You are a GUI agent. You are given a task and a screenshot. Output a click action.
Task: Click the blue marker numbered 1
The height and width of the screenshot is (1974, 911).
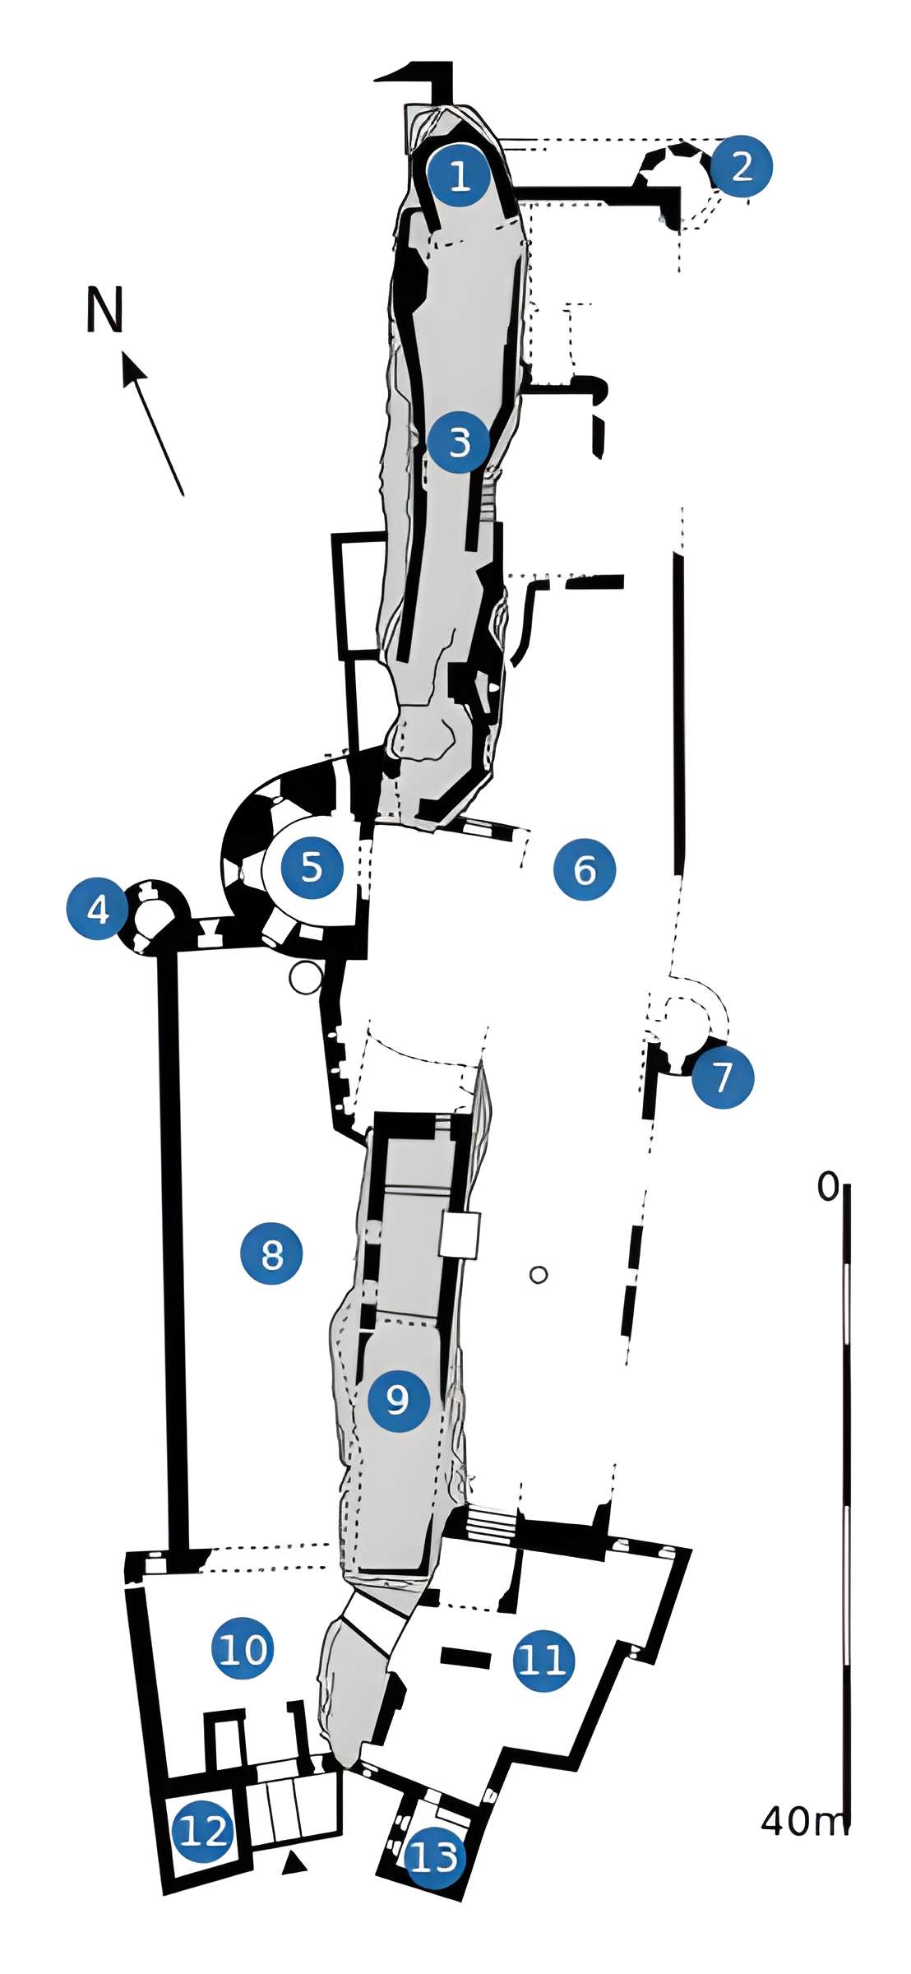click(459, 175)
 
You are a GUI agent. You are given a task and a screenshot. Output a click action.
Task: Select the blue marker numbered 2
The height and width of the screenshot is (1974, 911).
click(742, 166)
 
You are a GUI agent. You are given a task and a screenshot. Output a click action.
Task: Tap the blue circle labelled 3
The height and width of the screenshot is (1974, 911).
click(459, 443)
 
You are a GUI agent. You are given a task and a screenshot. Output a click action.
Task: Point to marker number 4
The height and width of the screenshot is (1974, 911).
click(98, 910)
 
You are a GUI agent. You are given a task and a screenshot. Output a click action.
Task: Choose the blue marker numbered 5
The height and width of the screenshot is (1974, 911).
click(312, 866)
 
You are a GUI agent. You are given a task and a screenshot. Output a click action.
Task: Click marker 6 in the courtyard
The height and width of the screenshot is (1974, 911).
click(585, 869)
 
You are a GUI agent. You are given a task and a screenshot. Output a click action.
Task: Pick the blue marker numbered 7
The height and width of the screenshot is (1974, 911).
click(723, 1077)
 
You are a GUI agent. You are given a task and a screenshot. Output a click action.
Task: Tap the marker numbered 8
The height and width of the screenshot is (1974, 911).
click(271, 1254)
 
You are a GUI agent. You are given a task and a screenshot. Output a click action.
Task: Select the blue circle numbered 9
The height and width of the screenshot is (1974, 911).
click(398, 1399)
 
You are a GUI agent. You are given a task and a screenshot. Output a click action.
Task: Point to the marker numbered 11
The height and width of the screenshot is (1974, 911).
click(543, 1660)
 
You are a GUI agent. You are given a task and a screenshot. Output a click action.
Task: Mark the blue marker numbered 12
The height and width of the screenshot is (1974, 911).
click(202, 1832)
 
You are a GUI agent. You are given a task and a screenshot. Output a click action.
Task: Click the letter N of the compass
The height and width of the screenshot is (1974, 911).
click(105, 310)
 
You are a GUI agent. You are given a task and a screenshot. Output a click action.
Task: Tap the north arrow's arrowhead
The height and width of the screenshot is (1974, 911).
click(132, 367)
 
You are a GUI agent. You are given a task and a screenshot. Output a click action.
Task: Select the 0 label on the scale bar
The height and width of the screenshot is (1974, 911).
click(828, 1188)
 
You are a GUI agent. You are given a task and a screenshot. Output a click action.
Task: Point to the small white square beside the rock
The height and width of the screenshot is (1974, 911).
click(459, 1234)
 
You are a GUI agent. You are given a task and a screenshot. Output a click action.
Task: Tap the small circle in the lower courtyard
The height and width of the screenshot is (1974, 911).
click(539, 1275)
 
